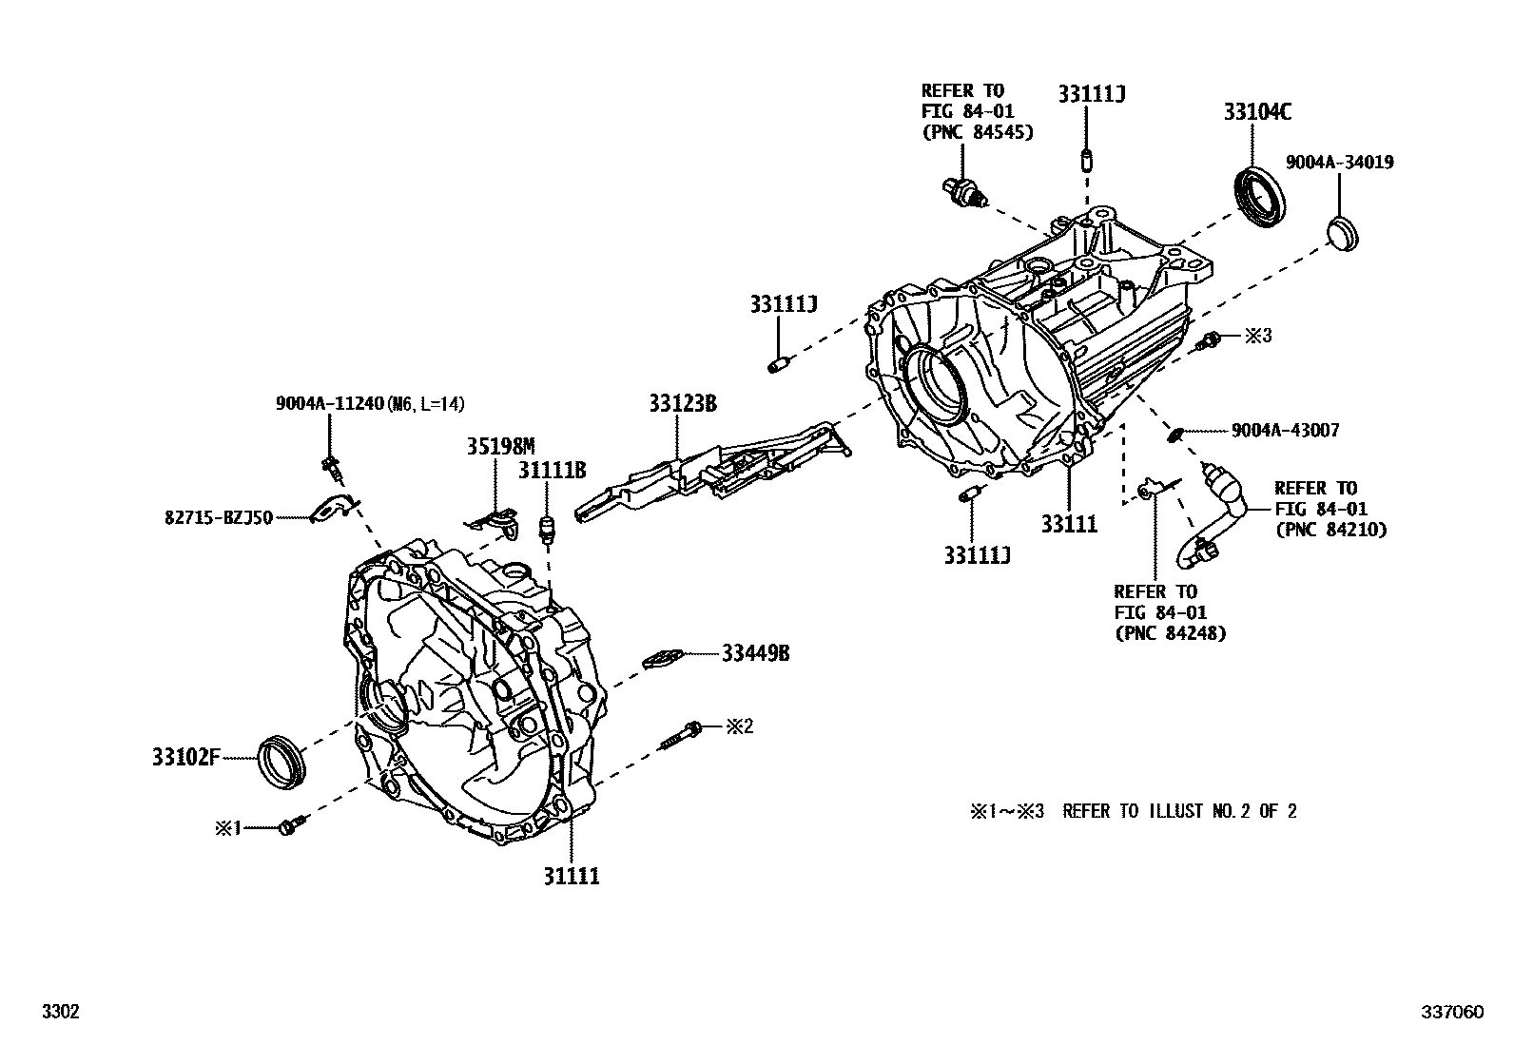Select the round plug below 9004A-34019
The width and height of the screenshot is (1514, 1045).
(1343, 233)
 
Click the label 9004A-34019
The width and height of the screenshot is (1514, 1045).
(1339, 163)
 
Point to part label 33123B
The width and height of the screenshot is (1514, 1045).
(683, 403)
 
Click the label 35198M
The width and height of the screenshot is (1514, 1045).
(500, 446)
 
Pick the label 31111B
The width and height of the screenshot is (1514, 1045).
(552, 469)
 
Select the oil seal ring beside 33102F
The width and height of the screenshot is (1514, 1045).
(283, 760)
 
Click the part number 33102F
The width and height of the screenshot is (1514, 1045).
(185, 758)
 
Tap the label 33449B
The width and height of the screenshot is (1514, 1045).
(755, 653)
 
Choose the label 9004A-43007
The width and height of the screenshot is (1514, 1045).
(1285, 431)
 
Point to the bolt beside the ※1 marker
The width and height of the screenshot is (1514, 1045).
(289, 826)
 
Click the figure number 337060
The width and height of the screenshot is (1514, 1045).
(1452, 1013)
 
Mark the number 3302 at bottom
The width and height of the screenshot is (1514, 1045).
(59, 1013)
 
